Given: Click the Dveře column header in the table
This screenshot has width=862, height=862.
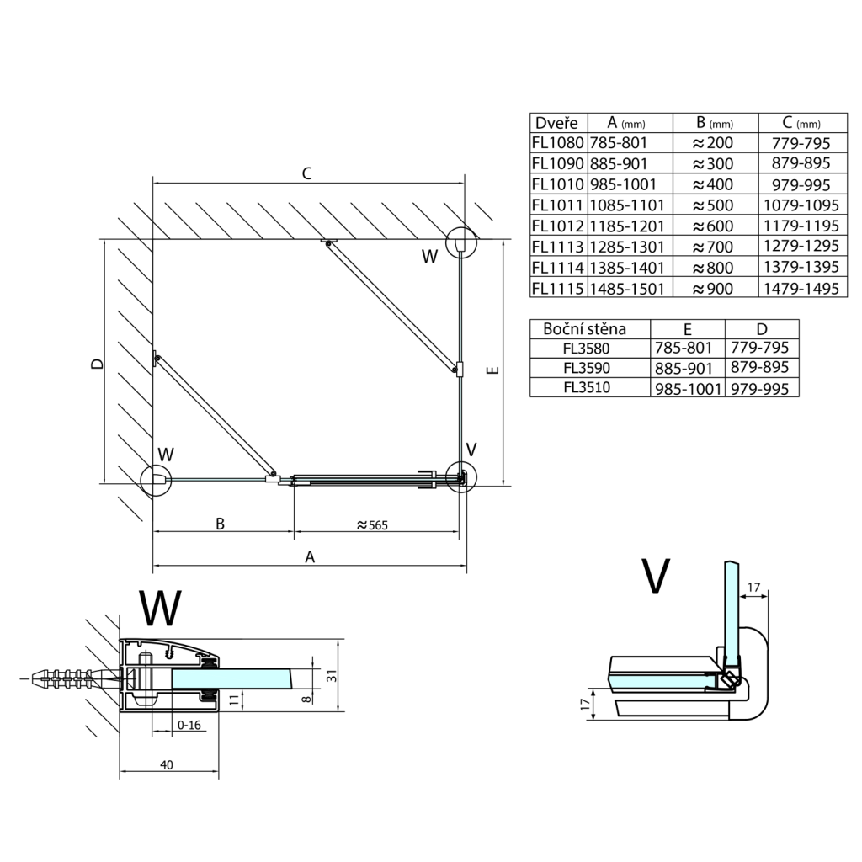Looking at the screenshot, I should (x=556, y=122).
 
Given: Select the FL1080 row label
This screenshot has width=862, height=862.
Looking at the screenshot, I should (x=556, y=143).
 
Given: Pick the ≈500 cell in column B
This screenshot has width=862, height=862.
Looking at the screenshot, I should (x=712, y=205).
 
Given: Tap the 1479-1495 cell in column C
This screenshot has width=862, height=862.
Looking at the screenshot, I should (x=804, y=288).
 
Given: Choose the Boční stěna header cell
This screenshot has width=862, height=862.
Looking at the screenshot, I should (x=584, y=328).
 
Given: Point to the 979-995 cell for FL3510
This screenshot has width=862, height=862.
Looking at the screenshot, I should (x=762, y=388).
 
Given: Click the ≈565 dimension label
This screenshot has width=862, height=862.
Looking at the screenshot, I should (x=376, y=524).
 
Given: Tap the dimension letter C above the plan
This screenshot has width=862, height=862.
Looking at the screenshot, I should (x=307, y=174).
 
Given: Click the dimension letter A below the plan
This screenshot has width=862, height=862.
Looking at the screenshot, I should (x=310, y=556).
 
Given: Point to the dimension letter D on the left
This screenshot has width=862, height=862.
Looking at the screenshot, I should (x=98, y=364).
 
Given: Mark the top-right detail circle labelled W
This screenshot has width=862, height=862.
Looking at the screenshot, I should (x=460, y=242).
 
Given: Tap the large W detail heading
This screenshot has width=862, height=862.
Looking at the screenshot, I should (x=159, y=608).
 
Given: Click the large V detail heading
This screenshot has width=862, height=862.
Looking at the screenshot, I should (x=654, y=577).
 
